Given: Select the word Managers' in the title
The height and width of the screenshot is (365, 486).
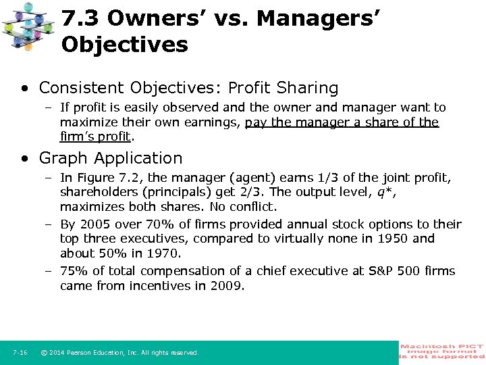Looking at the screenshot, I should click(318, 18).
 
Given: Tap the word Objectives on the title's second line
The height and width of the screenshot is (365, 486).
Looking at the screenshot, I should click(124, 45).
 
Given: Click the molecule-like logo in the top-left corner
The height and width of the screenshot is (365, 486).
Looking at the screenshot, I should click(28, 26).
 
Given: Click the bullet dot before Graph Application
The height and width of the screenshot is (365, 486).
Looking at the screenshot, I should click(24, 159).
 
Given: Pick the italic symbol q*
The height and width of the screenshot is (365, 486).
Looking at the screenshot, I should click(385, 192).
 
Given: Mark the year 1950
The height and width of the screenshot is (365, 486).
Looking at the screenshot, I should click(393, 239).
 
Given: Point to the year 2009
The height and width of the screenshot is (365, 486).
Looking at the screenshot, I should click(229, 285).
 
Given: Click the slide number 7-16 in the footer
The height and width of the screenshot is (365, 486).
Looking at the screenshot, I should click(20, 353).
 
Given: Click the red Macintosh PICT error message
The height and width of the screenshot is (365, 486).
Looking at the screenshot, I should click(442, 351).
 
